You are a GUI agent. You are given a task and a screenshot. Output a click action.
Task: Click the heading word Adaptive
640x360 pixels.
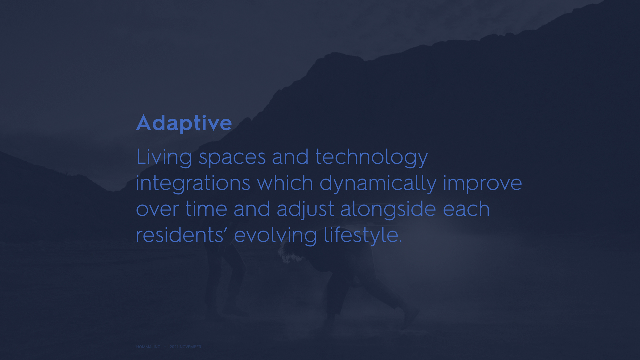184,123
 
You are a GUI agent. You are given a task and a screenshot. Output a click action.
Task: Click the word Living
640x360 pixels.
164,157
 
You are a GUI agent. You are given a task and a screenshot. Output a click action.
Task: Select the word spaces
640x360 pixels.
232,158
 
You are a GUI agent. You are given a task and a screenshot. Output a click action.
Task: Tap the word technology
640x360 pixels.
371,157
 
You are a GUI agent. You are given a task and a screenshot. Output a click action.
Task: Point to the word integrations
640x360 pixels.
193,183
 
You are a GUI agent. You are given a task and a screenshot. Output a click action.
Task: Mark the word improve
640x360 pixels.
482,184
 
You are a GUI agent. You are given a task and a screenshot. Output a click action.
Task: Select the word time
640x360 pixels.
206,209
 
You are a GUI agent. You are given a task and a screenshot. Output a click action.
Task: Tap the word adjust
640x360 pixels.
305,209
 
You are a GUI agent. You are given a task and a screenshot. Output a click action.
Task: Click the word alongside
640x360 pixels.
388,209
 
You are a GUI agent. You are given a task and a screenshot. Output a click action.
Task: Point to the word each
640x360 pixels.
466,209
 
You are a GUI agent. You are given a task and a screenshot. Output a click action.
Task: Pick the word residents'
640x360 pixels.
182,235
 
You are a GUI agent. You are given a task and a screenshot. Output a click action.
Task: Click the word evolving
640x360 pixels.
275,236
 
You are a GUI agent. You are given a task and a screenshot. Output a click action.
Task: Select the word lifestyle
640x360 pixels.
363,236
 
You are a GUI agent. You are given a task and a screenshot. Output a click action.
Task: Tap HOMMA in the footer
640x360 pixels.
144,347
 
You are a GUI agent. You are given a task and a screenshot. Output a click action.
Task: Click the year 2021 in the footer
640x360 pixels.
174,347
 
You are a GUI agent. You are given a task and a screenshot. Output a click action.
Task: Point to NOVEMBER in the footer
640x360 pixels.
190,347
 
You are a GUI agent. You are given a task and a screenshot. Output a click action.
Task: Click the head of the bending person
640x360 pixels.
289,252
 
